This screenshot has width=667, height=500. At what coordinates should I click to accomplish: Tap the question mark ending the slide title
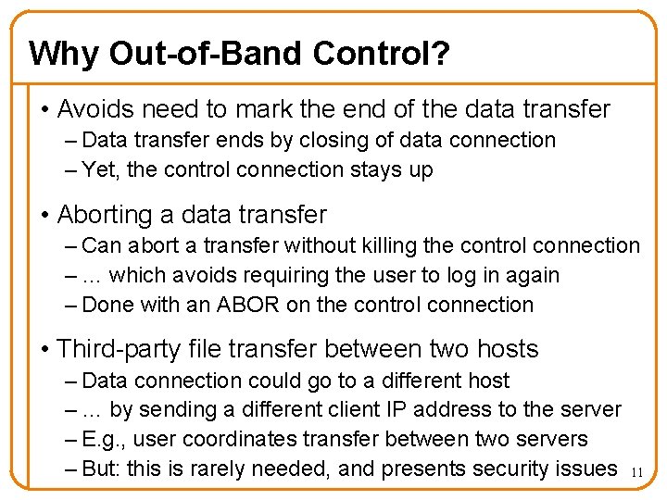click(x=442, y=54)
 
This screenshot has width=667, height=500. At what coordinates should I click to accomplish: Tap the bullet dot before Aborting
click(x=45, y=216)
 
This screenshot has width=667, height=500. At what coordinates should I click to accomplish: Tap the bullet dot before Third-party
click(x=45, y=350)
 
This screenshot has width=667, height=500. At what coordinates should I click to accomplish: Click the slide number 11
click(x=636, y=473)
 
